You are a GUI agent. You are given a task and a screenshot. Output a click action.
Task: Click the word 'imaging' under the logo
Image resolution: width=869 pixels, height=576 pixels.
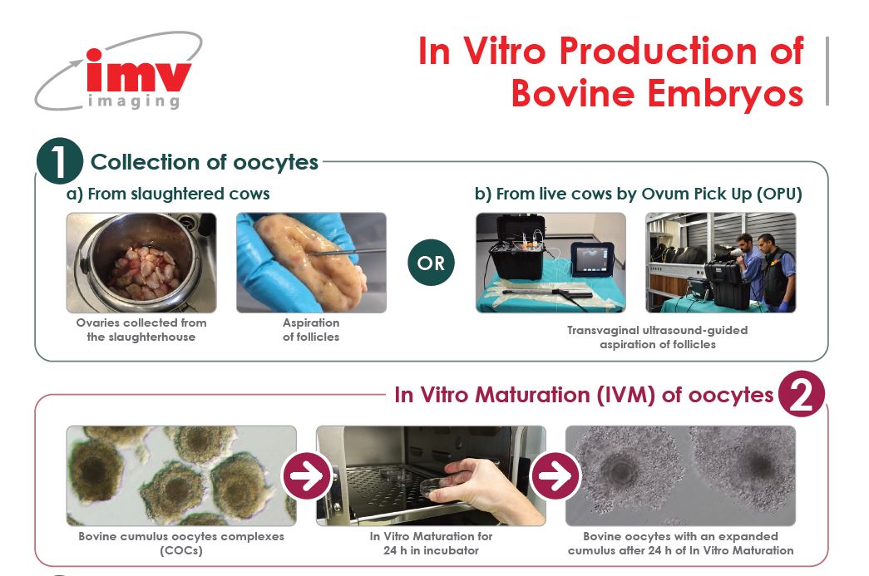pyautogui.click(x=133, y=102)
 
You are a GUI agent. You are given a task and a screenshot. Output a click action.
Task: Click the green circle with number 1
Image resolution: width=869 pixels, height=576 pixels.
pyautogui.click(x=59, y=161)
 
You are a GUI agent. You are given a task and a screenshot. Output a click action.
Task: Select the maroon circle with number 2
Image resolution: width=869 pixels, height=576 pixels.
pyautogui.click(x=802, y=395)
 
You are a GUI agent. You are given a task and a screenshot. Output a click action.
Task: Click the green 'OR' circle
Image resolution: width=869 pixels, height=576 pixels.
pyautogui.click(x=431, y=263)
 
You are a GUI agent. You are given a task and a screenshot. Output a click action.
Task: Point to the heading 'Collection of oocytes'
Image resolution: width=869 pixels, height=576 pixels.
pyautogui.click(x=204, y=162)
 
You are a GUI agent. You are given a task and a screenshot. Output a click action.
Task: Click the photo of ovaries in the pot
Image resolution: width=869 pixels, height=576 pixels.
pyautogui.click(x=141, y=263)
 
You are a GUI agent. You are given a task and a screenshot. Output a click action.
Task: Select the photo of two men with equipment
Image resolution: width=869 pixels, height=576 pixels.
pyautogui.click(x=720, y=263)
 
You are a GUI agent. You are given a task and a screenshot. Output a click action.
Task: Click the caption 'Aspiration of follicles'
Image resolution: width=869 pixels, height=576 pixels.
pyautogui.click(x=311, y=330)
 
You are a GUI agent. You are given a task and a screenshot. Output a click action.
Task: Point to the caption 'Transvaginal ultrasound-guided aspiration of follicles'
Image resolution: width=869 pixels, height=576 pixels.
pyautogui.click(x=657, y=337)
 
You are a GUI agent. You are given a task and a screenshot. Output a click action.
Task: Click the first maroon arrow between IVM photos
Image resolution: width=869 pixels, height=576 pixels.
pyautogui.click(x=305, y=476)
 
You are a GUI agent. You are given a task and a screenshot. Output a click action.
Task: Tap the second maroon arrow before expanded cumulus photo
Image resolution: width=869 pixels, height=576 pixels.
pyautogui.click(x=555, y=476)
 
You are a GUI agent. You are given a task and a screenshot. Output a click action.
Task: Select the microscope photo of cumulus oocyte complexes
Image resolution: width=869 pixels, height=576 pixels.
pyautogui.click(x=181, y=475)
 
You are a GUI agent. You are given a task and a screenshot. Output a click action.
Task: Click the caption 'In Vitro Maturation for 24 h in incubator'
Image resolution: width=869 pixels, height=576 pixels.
pyautogui.click(x=431, y=543)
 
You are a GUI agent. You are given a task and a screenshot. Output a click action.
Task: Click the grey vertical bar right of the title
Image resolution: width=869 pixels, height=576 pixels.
pyautogui.click(x=827, y=71)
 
